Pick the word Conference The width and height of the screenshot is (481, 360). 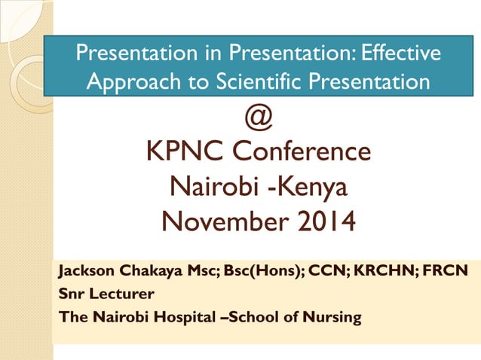(x=302, y=151)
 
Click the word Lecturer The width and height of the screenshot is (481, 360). (x=112, y=294)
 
